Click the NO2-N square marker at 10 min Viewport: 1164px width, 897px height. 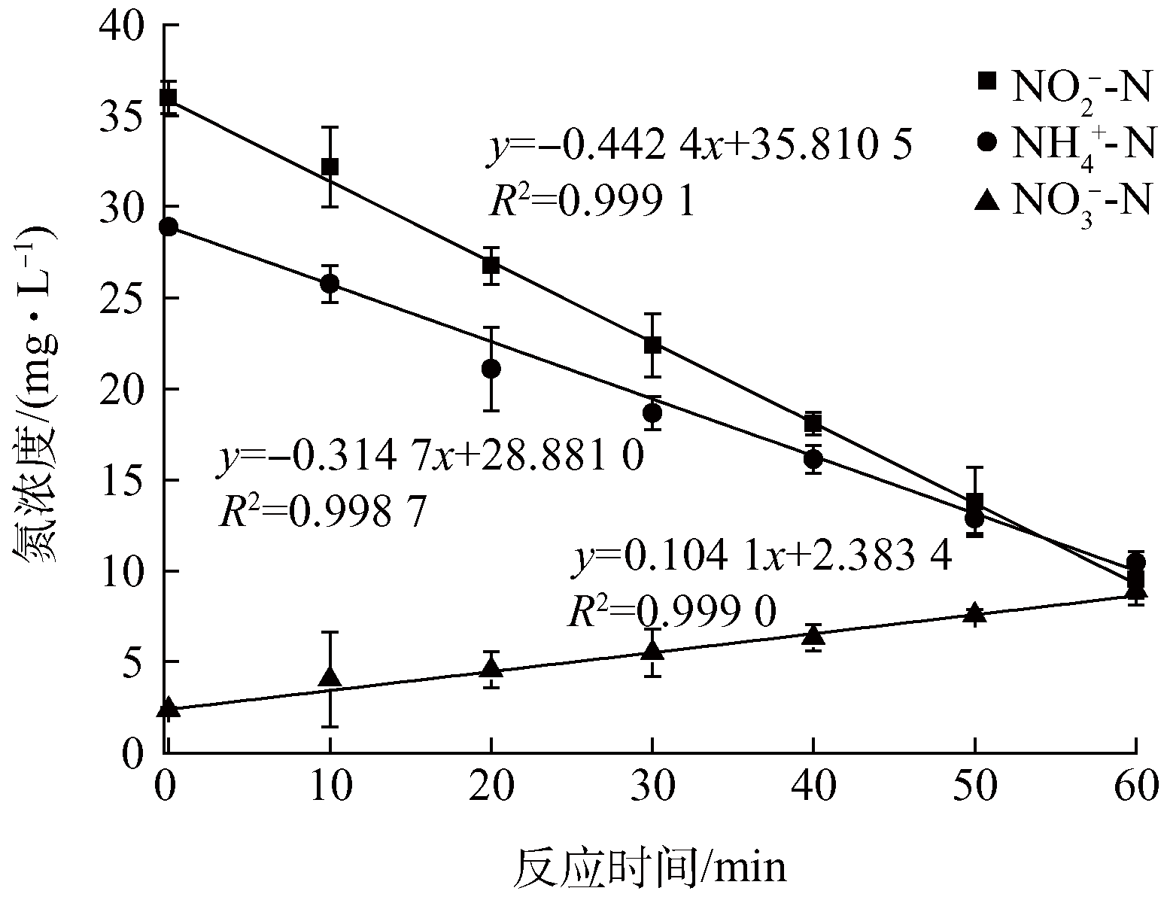pyautogui.click(x=330, y=166)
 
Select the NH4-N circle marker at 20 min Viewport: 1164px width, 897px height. pyautogui.click(x=491, y=369)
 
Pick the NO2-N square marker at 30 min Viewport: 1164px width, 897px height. pyautogui.click(x=652, y=345)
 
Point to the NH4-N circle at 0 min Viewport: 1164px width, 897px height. pyautogui.click(x=169, y=227)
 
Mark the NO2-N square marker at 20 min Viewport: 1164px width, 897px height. pyautogui.click(x=491, y=265)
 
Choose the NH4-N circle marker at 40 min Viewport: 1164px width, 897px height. pyautogui.click(x=813, y=458)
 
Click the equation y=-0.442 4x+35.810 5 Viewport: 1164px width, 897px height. pyautogui.click(x=700, y=146)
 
